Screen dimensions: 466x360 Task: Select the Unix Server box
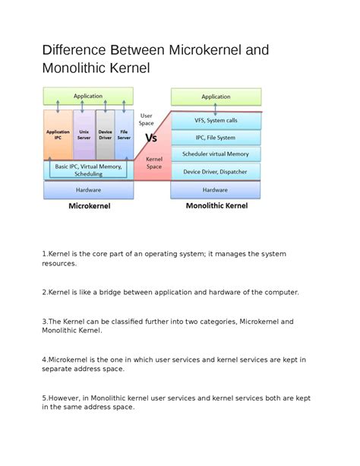(x=84, y=135)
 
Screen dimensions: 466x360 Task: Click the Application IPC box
(x=58, y=135)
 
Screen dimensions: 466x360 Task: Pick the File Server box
(x=124, y=135)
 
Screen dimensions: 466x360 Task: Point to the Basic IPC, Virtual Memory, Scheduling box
(x=88, y=170)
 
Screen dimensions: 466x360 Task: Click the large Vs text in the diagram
(x=151, y=138)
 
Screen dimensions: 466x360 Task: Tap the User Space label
(x=147, y=119)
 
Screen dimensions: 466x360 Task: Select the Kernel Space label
(x=154, y=163)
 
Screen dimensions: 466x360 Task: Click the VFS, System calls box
(x=216, y=120)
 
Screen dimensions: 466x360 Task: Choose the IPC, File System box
(x=216, y=138)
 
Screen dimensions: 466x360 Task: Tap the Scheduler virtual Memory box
(x=216, y=154)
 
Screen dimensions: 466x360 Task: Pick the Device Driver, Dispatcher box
(x=216, y=172)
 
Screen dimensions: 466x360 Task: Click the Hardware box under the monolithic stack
(x=216, y=190)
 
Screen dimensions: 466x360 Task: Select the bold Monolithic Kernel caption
(x=216, y=205)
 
